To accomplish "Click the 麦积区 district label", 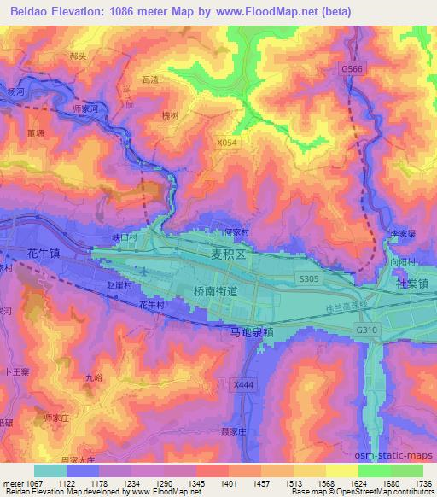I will pos(228,254).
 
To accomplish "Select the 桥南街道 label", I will pos(209,291).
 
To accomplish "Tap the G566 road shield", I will pos(351,67).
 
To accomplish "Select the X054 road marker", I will pos(227,143).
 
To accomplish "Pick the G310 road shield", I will pos(366,329).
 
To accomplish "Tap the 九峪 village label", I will pos(94,377).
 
